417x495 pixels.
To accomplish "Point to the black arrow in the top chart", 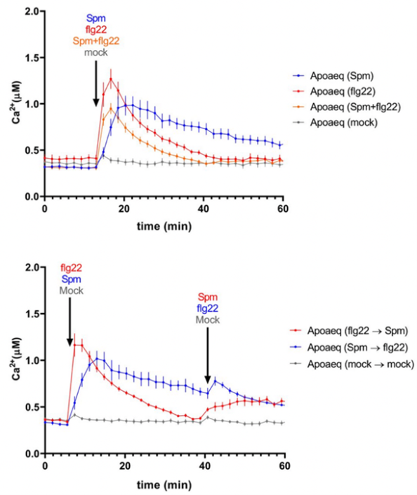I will tap(96, 88).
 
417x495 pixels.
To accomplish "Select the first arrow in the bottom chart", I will tap(69, 326).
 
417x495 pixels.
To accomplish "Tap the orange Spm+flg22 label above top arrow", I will tap(96, 41).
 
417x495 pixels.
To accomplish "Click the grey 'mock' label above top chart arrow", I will tap(96, 52).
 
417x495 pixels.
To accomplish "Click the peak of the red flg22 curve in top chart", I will tap(110, 78).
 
